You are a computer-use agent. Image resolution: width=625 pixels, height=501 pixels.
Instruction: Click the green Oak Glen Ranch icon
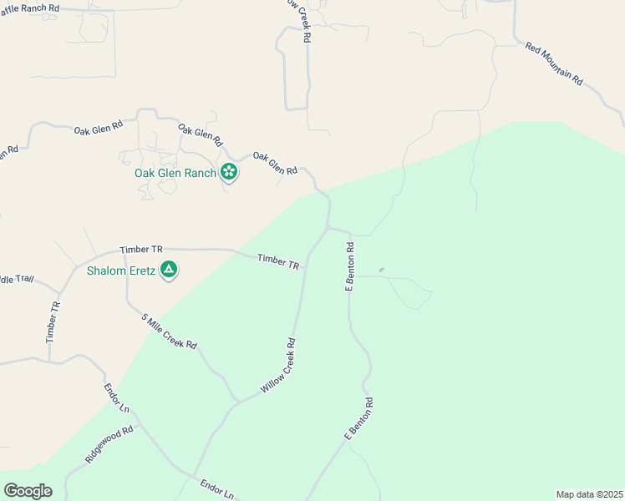229,173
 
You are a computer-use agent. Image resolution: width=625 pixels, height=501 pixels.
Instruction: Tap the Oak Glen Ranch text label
175,174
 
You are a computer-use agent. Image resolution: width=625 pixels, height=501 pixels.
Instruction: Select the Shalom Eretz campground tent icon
169,270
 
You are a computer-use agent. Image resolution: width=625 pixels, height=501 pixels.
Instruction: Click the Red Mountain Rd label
554,62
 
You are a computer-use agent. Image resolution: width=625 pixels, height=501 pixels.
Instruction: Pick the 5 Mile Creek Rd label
169,331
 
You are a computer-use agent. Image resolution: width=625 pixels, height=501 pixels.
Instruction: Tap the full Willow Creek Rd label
278,366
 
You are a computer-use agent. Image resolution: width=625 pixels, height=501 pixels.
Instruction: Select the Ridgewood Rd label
109,446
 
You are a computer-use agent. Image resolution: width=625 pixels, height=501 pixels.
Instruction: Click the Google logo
28,491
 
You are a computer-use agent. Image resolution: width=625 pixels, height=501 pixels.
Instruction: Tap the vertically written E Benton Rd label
351,266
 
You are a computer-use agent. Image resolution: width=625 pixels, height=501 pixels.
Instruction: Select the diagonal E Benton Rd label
358,419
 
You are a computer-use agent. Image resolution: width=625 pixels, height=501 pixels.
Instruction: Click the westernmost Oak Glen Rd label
98,129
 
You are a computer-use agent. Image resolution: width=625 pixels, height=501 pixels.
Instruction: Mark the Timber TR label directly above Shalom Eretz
140,250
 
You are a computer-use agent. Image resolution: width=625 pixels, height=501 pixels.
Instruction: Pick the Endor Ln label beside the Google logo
116,397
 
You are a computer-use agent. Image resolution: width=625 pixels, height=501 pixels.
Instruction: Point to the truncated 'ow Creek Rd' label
300,21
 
